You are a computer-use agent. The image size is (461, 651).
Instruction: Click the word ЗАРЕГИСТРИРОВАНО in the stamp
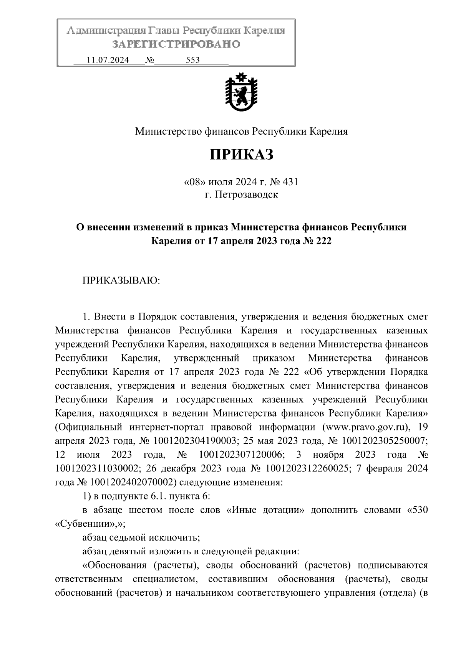(176, 44)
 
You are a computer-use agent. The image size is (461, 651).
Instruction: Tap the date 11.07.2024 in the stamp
(108, 60)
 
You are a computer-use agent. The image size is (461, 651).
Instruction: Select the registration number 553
(192, 60)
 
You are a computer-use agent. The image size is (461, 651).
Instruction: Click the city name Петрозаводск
(246, 195)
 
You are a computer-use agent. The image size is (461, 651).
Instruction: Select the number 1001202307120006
(242, 455)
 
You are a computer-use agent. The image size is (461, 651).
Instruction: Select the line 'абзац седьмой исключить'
(141, 537)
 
